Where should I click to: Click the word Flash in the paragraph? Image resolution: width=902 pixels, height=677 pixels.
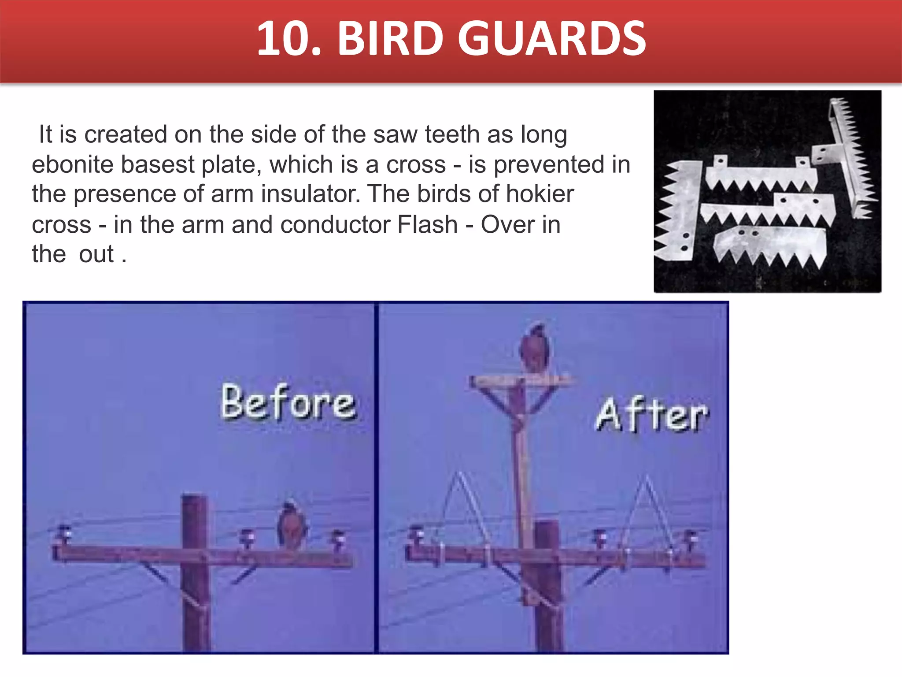[x=427, y=224]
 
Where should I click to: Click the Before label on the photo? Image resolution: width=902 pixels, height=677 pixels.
[x=288, y=402]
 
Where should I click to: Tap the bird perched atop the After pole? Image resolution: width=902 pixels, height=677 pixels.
[x=534, y=348]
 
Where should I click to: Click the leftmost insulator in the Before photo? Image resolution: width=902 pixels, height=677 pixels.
[x=63, y=535]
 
